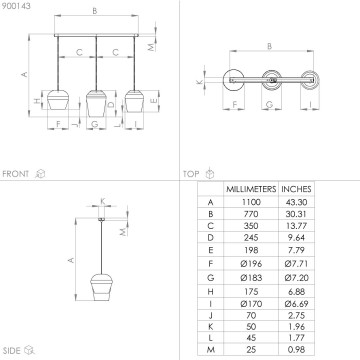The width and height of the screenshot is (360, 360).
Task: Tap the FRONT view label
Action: pyautogui.click(x=17, y=172)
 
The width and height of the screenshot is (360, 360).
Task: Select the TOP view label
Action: pyautogui.click(x=189, y=172)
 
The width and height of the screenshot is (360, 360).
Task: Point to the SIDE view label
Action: pyautogui.click(x=14, y=349)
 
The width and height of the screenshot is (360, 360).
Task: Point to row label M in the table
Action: pyautogui.click(x=208, y=349)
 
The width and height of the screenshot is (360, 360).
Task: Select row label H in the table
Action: pyautogui.click(x=208, y=286)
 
